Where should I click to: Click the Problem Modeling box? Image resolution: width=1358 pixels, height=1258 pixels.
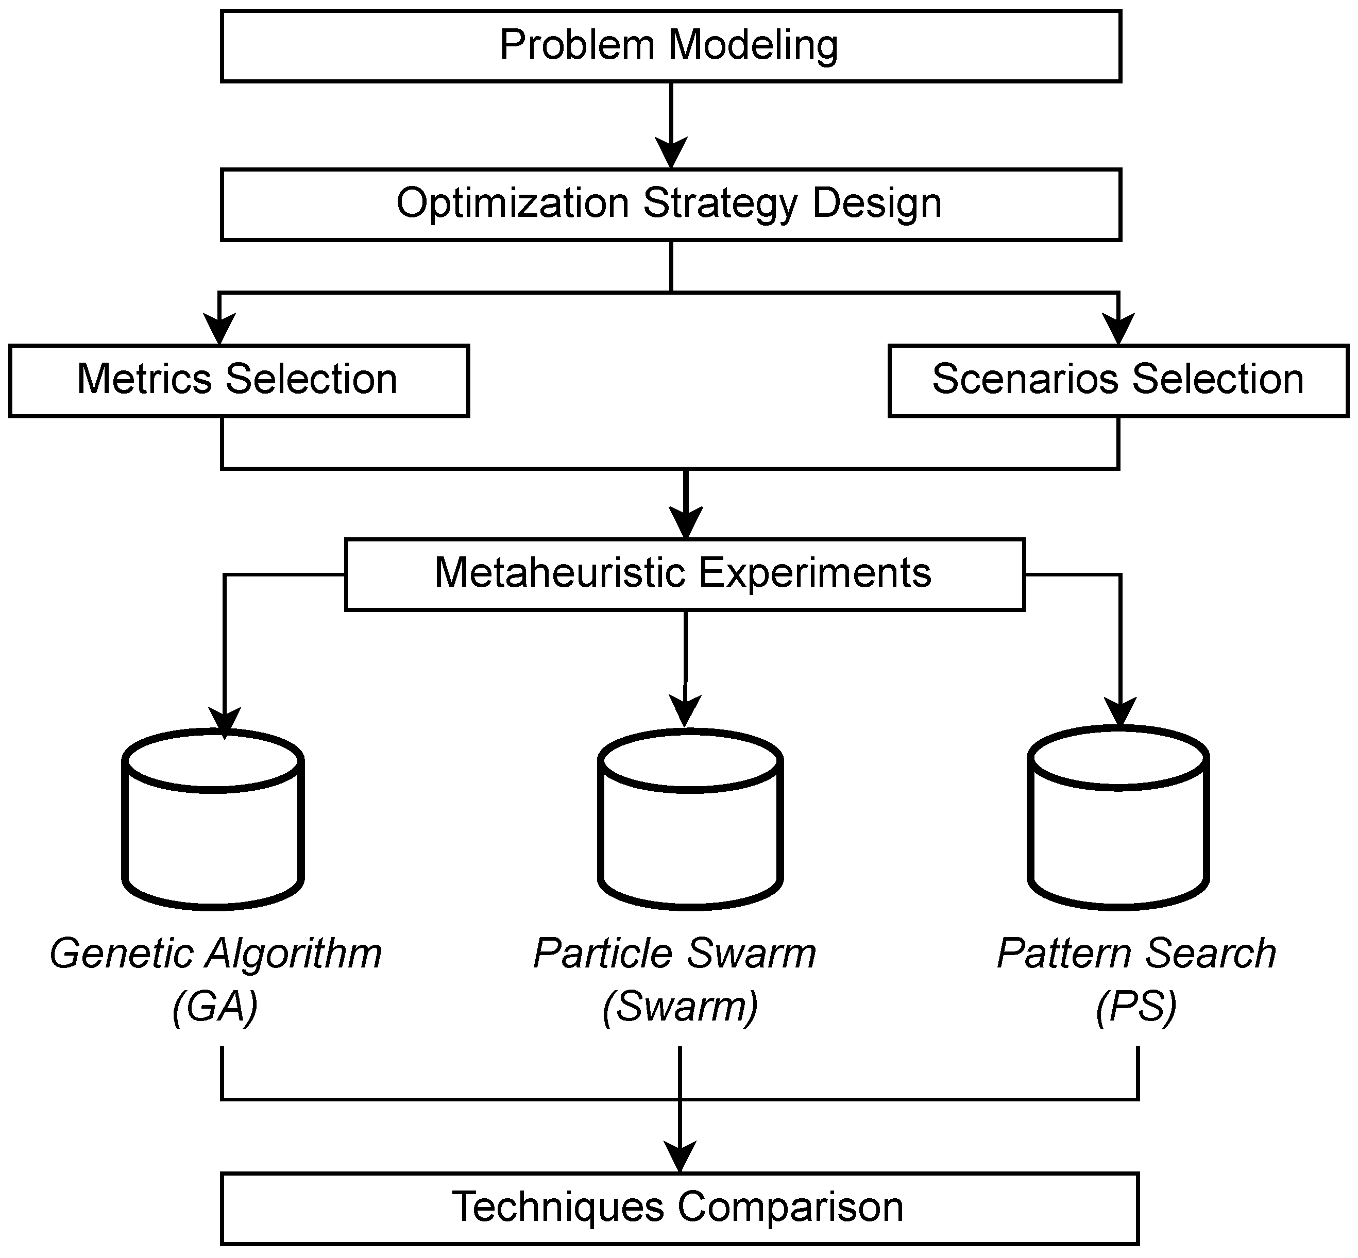pyautogui.click(x=670, y=46)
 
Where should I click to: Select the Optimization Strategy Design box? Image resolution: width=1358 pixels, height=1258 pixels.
pyautogui.click(x=670, y=204)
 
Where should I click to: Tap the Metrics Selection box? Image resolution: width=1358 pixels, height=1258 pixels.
pyautogui.click(x=238, y=381)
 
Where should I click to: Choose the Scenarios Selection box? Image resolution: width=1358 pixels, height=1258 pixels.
pyautogui.click(x=1118, y=381)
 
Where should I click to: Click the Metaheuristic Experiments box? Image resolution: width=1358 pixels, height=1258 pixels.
pyautogui.click(x=684, y=574)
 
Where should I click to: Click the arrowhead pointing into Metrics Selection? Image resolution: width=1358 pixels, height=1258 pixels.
pyautogui.click(x=219, y=330)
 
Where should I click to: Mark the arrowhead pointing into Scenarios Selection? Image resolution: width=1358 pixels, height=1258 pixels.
pyautogui.click(x=1118, y=330)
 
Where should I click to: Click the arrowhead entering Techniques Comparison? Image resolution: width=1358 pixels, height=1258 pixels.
pyautogui.click(x=680, y=1157)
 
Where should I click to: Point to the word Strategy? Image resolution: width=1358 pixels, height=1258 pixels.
pyautogui.click(x=720, y=204)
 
